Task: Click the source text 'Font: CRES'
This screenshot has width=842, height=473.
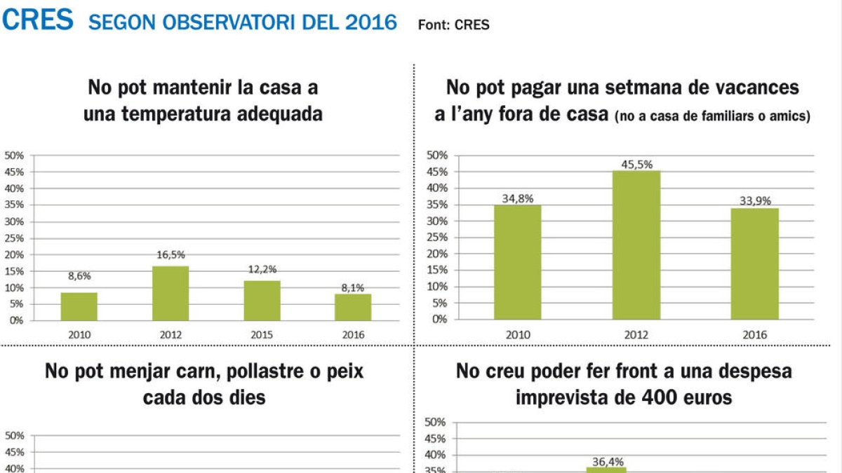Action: tap(453, 25)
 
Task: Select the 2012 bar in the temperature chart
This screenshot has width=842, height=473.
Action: tap(171, 293)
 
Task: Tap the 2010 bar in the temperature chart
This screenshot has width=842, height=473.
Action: tap(79, 306)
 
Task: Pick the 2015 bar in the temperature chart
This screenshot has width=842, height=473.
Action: tap(262, 300)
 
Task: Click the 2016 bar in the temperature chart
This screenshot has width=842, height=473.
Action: tap(353, 307)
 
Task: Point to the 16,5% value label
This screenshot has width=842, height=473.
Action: tap(171, 255)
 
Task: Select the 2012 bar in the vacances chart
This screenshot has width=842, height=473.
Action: tap(636, 245)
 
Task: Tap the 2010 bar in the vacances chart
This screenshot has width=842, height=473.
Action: tap(518, 262)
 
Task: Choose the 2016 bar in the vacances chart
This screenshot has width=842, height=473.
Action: tap(755, 263)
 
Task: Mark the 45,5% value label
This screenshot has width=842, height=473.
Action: tap(636, 165)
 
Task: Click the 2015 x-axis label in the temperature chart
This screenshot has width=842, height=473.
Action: tap(262, 335)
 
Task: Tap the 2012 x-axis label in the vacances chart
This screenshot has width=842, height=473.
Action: tap(636, 335)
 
